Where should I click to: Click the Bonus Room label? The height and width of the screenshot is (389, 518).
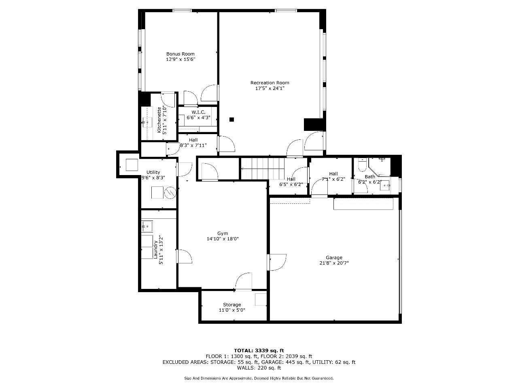coord(180,54)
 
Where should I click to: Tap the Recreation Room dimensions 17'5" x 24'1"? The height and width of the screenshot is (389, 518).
coord(270,88)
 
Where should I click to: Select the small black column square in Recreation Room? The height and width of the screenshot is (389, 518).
coord(231,120)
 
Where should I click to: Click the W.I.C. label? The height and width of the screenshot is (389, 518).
coord(198,112)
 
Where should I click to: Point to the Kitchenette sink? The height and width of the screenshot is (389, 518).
coord(147,122)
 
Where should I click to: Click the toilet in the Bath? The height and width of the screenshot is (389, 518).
coord(361,165)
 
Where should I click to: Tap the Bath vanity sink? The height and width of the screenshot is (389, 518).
coord(385,186)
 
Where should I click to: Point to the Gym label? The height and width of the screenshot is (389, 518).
coord(223,233)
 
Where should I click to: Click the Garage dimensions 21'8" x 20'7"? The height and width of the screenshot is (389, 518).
coord(334,263)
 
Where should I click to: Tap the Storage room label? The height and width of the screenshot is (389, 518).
coord(232,305)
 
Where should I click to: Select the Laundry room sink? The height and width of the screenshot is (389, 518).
coord(147,226)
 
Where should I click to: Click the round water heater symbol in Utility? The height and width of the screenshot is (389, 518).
coord(170,193)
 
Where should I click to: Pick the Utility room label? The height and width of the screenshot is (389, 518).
coord(153,172)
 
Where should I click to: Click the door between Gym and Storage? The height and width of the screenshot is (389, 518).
coord(244,282)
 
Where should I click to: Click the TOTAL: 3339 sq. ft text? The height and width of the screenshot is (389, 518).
coord(259,351)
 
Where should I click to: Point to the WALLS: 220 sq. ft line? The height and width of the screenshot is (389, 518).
coord(259,368)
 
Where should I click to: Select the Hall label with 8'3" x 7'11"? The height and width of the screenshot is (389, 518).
coord(193,142)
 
